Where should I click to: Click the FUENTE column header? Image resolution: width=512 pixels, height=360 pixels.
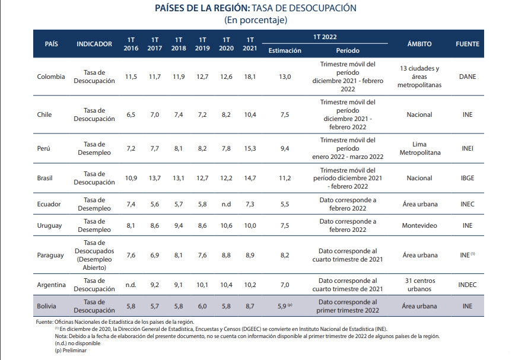(468, 44)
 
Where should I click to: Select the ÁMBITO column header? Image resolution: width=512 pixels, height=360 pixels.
(419, 44)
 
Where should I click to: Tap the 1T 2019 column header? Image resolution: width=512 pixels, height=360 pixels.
(202, 44)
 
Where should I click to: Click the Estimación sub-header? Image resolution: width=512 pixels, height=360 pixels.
(285, 50)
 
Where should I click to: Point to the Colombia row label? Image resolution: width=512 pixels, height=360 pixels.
(51, 77)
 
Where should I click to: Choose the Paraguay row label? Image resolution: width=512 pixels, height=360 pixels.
(50, 255)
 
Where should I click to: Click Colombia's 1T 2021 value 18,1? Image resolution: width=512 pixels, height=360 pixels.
(250, 77)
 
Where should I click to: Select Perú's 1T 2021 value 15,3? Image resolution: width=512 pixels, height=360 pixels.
(250, 148)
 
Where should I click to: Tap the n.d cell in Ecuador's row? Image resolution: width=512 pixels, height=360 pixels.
(226, 204)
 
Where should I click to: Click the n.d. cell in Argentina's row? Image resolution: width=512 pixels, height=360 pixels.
(131, 285)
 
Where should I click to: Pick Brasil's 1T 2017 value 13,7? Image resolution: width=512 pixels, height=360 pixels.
(155, 178)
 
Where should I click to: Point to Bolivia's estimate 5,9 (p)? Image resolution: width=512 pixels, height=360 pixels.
(285, 306)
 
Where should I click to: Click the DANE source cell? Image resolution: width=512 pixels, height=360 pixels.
(468, 77)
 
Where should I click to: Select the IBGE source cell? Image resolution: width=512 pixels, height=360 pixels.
(468, 178)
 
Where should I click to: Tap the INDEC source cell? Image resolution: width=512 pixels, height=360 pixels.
(468, 285)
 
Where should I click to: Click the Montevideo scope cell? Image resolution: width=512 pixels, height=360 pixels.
(419, 225)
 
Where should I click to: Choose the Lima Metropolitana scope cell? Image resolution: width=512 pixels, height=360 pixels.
(419, 148)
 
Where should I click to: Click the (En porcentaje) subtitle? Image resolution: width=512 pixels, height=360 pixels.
(256, 20)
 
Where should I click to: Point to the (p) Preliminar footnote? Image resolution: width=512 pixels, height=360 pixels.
(71, 351)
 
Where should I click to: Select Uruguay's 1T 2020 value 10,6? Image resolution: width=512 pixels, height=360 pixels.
(226, 225)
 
